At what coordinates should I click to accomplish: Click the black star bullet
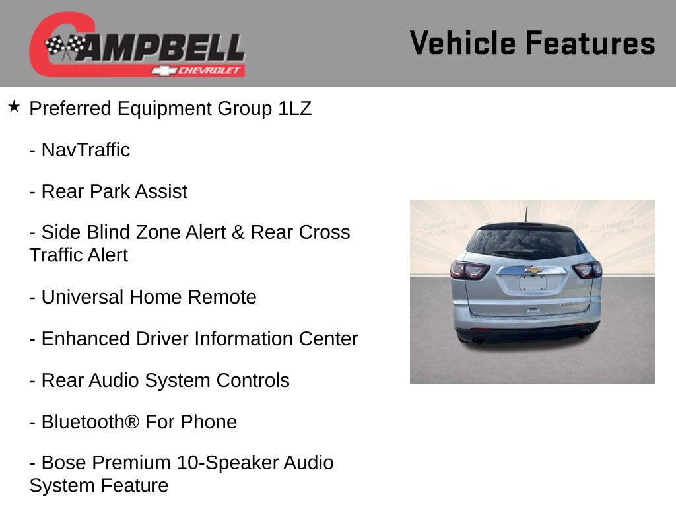click(14, 106)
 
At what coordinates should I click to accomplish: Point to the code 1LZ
click(294, 108)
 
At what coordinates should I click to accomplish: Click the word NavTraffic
click(86, 150)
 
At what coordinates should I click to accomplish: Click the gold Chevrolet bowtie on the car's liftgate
click(533, 270)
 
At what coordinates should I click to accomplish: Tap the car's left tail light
click(469, 270)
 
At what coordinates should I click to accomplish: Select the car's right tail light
click(587, 269)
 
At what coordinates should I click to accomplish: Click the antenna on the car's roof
click(526, 215)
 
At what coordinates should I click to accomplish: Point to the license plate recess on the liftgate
click(533, 283)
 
